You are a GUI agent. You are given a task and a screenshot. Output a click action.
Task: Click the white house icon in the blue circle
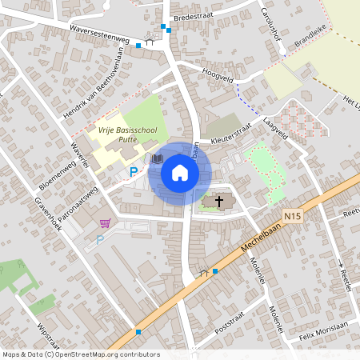(180, 173)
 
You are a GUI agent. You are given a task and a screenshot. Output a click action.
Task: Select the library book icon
(157, 161)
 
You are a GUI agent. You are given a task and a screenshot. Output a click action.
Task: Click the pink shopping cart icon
(105, 222)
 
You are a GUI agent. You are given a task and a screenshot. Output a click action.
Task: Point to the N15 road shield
(293, 215)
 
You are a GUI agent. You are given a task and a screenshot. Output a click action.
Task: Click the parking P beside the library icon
(134, 171)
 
